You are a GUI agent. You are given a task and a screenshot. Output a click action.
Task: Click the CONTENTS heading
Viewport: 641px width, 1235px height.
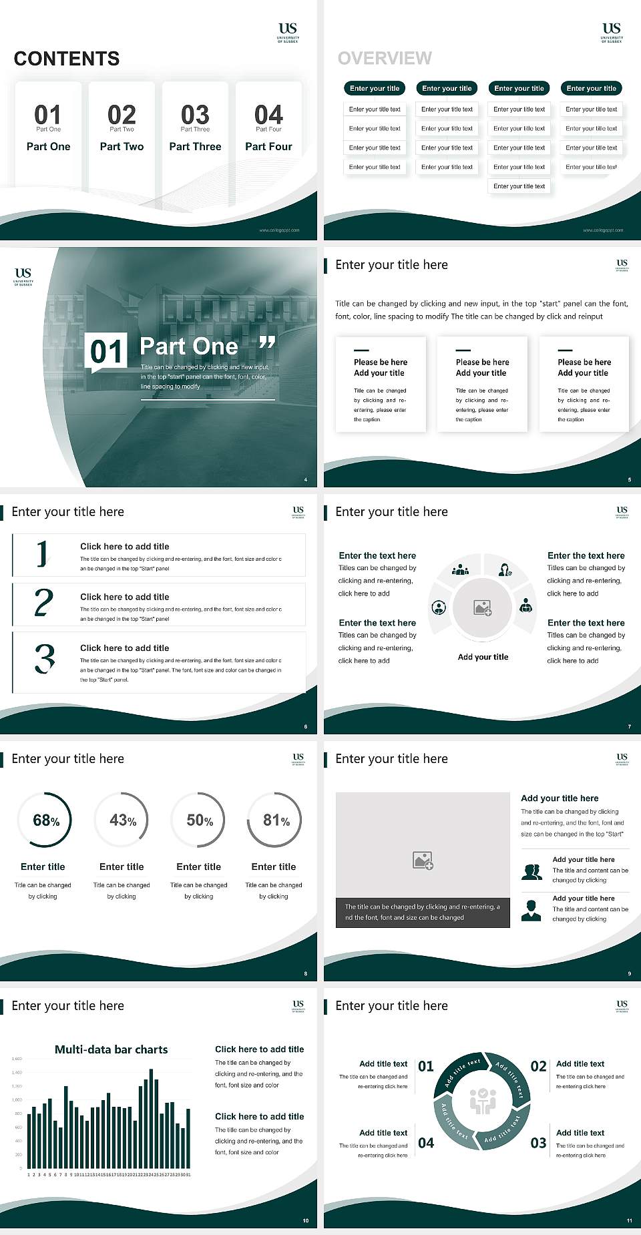point(67,59)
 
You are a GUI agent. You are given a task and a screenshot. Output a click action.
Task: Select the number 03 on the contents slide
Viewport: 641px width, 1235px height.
point(195,114)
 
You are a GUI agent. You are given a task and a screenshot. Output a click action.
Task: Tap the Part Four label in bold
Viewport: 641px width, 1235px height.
point(268,146)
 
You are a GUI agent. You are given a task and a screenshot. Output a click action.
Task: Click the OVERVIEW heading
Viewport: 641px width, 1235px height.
point(385,58)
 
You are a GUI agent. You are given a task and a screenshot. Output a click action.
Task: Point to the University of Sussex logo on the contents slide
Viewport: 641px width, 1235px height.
point(288,31)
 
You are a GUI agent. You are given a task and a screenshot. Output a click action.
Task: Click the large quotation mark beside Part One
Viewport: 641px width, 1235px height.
point(267,343)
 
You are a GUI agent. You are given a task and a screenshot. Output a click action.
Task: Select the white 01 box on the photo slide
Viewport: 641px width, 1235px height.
point(107,351)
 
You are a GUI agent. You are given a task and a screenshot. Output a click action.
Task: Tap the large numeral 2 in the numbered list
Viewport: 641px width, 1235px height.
point(43,603)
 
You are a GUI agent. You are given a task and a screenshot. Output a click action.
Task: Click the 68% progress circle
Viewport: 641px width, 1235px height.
point(45,820)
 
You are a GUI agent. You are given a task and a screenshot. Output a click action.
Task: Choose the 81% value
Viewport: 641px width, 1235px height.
point(276,820)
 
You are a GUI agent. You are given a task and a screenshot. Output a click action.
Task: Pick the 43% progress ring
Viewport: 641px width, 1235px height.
point(122,820)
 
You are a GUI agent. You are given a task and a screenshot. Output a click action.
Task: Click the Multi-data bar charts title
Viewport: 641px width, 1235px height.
point(112,1049)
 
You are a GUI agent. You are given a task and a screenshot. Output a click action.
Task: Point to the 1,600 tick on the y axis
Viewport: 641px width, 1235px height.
point(17,1059)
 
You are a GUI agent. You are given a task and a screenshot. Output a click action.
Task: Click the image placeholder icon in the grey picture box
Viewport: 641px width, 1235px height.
point(423,860)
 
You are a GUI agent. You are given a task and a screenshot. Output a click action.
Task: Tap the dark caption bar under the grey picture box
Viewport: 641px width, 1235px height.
point(423,912)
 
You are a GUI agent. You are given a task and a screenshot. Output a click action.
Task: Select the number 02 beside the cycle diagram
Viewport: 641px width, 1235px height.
point(538,1066)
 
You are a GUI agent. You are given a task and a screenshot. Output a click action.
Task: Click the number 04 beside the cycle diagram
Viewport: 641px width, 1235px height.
point(426,1143)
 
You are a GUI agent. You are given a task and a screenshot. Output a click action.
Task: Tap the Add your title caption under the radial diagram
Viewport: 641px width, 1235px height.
point(483,657)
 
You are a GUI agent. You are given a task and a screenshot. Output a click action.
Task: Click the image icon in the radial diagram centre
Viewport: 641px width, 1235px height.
point(483,607)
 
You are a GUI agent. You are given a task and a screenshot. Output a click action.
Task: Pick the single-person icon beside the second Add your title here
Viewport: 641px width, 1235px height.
point(531,910)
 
